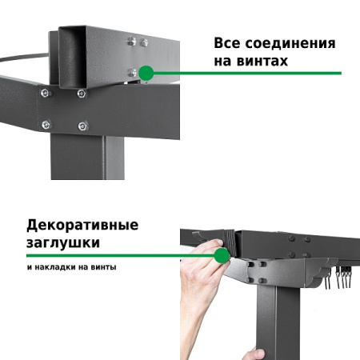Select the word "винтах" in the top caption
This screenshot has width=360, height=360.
264,61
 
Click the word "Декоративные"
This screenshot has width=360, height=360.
82,225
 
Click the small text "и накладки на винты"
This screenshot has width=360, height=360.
70,266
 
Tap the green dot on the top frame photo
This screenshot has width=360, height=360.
146,73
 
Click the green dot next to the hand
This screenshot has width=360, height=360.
221,256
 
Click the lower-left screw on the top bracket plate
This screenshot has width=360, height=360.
46,124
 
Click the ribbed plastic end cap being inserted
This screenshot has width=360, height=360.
230,239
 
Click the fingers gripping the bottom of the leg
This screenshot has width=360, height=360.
255,353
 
